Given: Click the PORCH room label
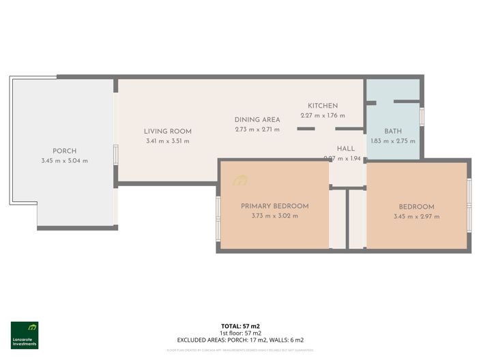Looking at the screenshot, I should (x=65, y=151).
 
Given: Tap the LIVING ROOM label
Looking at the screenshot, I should (x=167, y=131).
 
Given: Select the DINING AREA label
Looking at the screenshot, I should (x=257, y=119).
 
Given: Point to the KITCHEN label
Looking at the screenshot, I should (x=323, y=106).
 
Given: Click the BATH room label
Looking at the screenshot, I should (x=393, y=131).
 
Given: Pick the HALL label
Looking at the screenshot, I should (x=346, y=148).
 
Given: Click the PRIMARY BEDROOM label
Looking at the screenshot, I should (x=274, y=206).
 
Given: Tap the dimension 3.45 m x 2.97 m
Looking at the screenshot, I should (x=416, y=217).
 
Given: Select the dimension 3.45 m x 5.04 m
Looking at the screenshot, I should (x=65, y=161).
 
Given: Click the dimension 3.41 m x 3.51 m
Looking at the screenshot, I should (x=167, y=141).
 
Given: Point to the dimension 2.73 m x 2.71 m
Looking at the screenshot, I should (x=257, y=129).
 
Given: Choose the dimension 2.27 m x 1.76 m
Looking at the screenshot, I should (x=323, y=115).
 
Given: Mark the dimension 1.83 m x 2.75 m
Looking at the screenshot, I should (x=393, y=141).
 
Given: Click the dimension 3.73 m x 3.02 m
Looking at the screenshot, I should (x=274, y=215).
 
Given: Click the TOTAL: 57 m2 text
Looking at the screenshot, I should (x=239, y=327).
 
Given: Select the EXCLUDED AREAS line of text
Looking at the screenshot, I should (x=240, y=340).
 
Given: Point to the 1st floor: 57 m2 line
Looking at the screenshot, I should (x=239, y=333).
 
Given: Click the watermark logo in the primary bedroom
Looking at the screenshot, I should (x=240, y=181).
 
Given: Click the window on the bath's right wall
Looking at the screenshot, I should (x=422, y=117).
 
